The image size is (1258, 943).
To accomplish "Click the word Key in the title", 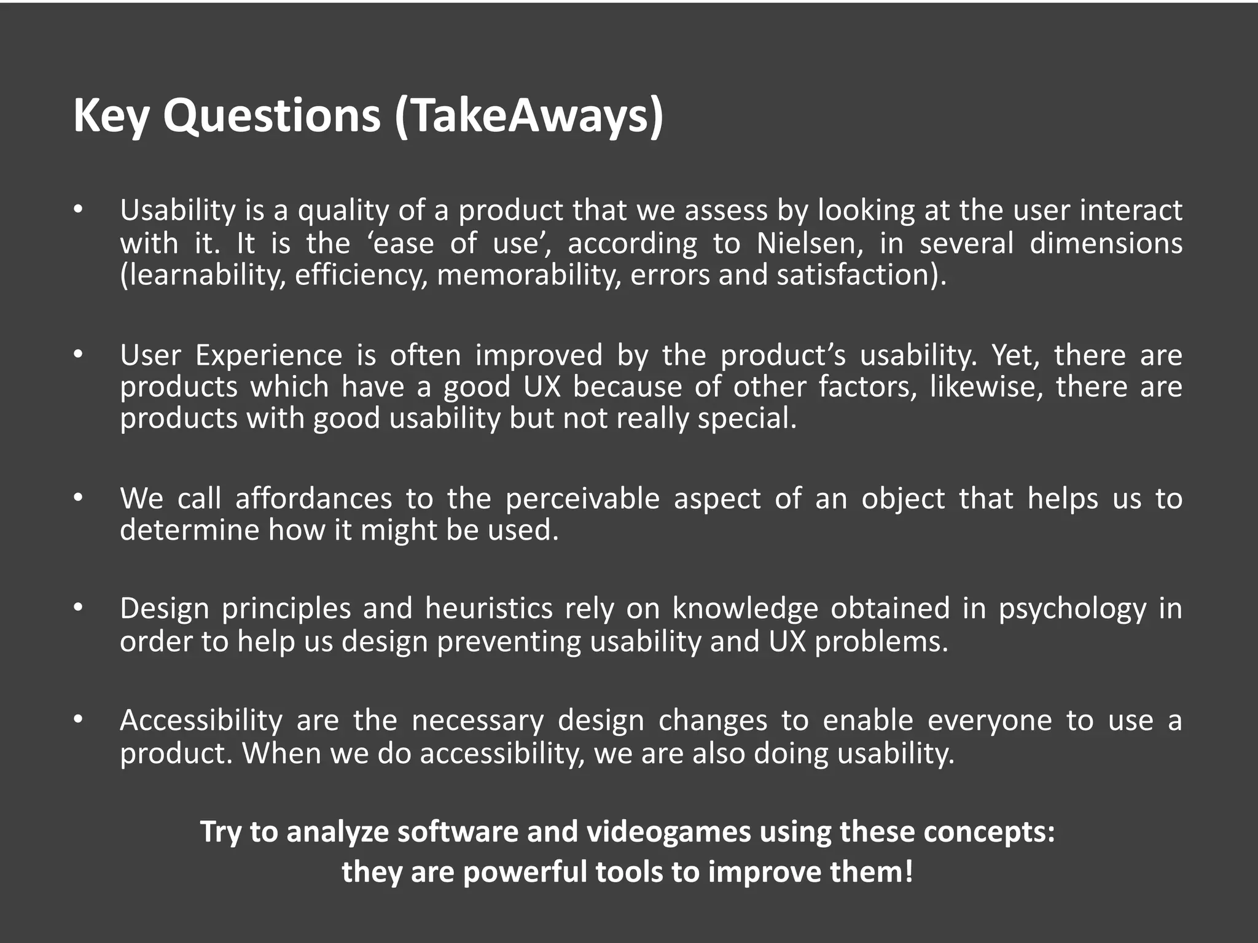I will (x=111, y=117).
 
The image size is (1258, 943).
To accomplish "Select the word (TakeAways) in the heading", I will (x=529, y=117).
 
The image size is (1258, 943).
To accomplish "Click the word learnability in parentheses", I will (x=203, y=274).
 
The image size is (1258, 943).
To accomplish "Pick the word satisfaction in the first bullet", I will (x=858, y=274).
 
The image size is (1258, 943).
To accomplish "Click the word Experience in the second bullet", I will (x=269, y=355).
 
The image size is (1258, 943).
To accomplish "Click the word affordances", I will (x=313, y=499).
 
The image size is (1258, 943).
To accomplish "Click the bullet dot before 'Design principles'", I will (x=77, y=608).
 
